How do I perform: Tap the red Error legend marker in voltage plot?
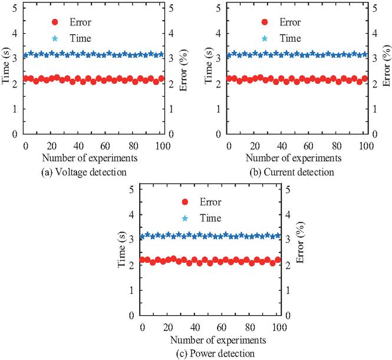point(54,22)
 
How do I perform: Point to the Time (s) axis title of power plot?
point(124,252)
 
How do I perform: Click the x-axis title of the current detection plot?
point(293,158)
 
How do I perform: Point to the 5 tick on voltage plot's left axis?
point(14,8)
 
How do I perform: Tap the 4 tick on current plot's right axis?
point(373,33)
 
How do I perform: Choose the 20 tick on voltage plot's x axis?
point(51,146)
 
